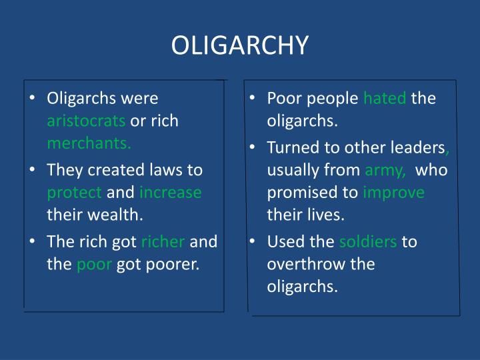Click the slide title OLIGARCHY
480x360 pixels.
point(240,45)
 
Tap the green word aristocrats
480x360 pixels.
point(86,122)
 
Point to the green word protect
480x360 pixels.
point(75,193)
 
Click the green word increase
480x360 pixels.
point(171,193)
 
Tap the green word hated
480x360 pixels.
point(385,99)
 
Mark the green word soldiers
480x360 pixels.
point(369,241)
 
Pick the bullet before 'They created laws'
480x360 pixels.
point(34,170)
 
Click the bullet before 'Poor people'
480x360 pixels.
point(255,99)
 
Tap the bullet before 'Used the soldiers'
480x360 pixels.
point(255,241)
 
